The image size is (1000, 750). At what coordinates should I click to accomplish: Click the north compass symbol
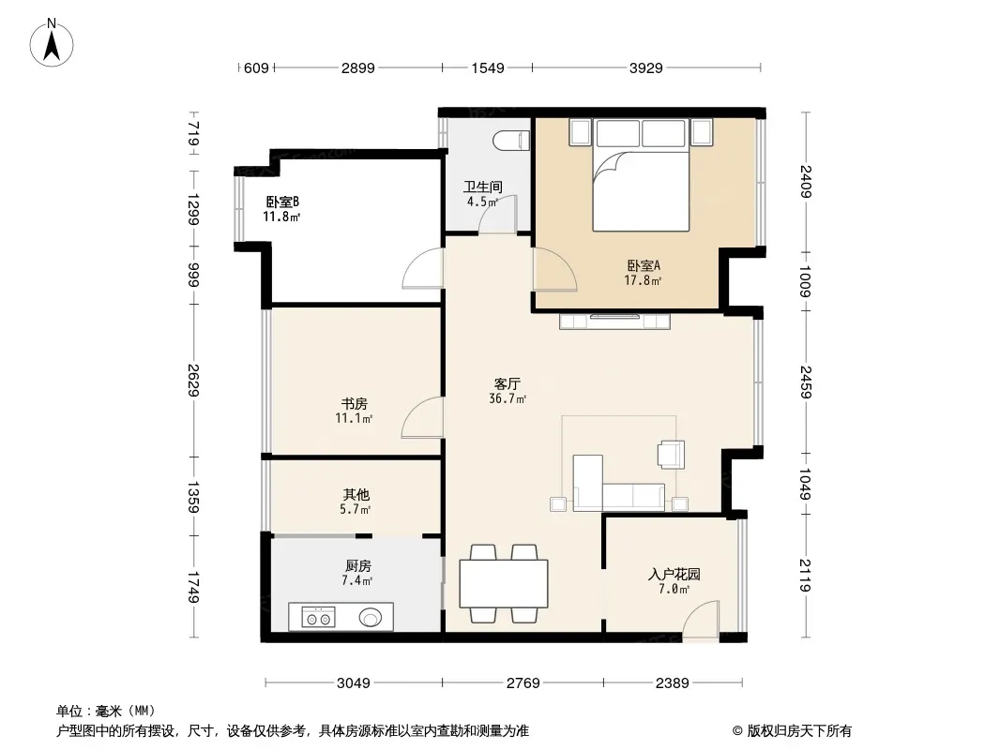click(x=52, y=43)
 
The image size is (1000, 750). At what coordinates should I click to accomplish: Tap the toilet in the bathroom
click(x=513, y=141)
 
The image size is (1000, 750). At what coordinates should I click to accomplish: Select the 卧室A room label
click(x=644, y=265)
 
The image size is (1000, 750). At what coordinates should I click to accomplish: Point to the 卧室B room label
click(x=282, y=202)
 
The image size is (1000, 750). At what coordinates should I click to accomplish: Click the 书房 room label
click(x=354, y=404)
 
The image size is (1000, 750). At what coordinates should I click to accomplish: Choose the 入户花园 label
click(x=674, y=574)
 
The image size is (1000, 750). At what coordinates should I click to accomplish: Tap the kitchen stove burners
click(x=318, y=618)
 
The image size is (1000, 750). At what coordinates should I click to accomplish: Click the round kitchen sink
click(x=371, y=617)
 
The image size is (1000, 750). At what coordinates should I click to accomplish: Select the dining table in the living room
click(x=504, y=583)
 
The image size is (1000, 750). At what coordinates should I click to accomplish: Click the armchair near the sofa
click(x=672, y=455)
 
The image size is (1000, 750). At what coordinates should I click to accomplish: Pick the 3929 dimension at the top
click(x=646, y=67)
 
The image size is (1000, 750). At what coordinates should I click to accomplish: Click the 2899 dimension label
click(x=357, y=67)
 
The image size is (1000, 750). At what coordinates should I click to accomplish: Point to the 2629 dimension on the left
click(x=193, y=380)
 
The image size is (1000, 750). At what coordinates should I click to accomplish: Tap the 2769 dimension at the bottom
click(x=523, y=683)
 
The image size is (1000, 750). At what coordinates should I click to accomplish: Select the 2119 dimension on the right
click(x=805, y=576)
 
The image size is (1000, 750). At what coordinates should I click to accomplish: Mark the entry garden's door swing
click(x=701, y=618)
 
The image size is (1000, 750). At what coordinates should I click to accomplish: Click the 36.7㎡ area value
click(x=508, y=398)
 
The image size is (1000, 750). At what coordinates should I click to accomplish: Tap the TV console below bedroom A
click(x=614, y=322)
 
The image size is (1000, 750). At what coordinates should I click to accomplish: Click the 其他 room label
click(x=356, y=494)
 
